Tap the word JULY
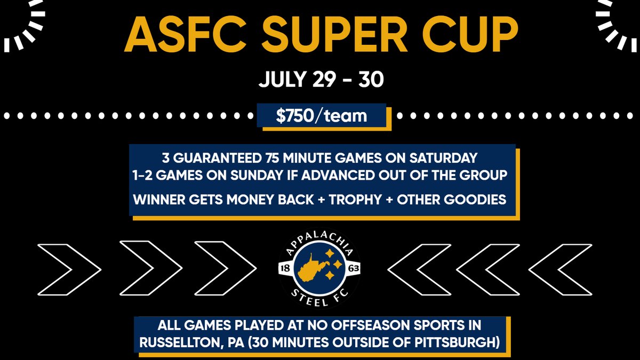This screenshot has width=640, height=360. (282, 81)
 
